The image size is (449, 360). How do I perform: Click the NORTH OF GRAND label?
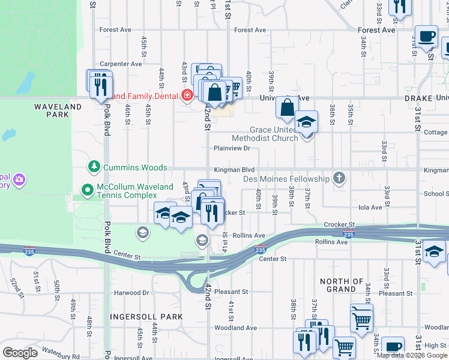[342, 285]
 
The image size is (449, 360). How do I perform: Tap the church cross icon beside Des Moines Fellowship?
[339, 178]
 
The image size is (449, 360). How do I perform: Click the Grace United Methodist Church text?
[274, 134]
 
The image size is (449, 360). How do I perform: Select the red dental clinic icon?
[187, 95]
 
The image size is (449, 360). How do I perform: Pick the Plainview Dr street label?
[232, 148]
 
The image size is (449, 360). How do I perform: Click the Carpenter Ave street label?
[121, 64]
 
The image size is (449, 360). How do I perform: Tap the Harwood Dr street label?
[131, 293]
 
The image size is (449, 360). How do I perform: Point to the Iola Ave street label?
[370, 208]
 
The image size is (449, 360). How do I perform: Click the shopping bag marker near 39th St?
[288, 108]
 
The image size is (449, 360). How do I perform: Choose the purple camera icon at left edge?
[19, 180]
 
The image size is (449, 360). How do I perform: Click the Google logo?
[20, 352]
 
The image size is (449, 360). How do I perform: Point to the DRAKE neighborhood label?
[418, 98]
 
